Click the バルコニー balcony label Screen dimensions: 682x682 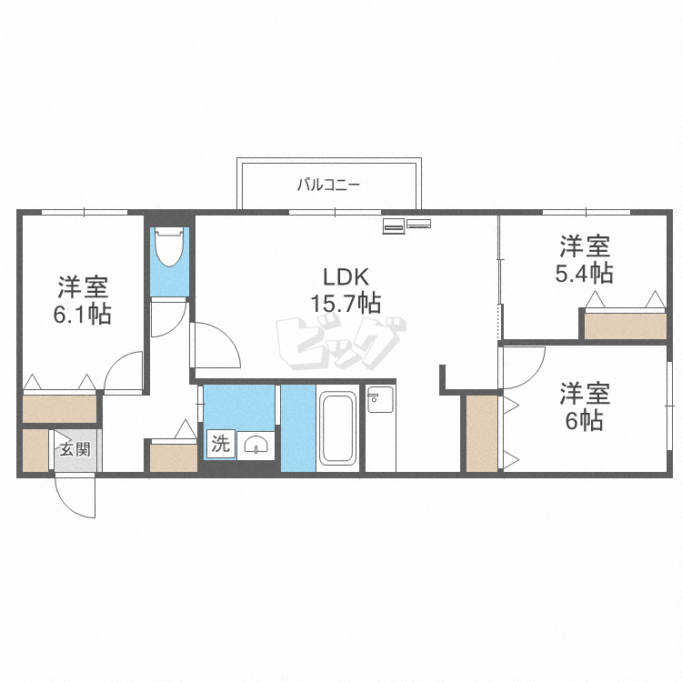click(x=328, y=185)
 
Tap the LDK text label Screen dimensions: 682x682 click(x=346, y=277)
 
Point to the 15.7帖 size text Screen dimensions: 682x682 click(x=346, y=303)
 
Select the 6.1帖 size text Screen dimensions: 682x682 click(x=82, y=314)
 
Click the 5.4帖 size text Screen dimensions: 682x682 click(x=584, y=273)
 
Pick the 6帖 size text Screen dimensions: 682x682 click(x=584, y=420)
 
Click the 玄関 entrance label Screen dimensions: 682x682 click(x=75, y=449)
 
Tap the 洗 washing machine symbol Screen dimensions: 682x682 click(x=221, y=443)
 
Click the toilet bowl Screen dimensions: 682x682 click(x=169, y=246)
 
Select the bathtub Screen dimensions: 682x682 click(x=337, y=428)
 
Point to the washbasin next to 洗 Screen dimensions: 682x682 click(x=256, y=445)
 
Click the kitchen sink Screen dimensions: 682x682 click(x=381, y=399)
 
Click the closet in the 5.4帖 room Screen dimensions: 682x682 click(x=625, y=326)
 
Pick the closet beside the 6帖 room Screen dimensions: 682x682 click(x=481, y=433)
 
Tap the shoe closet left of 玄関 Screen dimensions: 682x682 click(x=35, y=450)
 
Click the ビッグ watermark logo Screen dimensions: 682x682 click(x=341, y=344)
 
